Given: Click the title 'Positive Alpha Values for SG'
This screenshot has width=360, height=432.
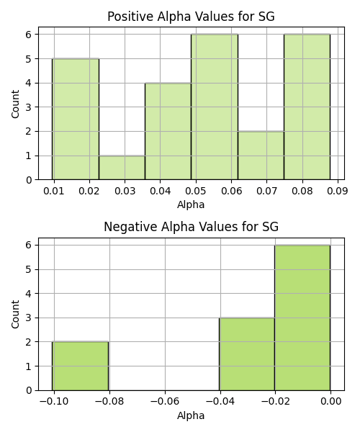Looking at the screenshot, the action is (x=191, y=17).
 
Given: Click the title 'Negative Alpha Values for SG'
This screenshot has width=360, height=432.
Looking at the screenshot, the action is (x=191, y=227).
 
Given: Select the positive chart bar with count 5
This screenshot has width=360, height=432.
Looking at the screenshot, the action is (x=76, y=119).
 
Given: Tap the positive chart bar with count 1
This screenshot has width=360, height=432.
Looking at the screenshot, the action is (x=122, y=168).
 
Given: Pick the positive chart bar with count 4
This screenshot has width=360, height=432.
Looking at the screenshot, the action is (x=168, y=132).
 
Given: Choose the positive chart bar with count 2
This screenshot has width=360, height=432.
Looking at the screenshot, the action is (x=261, y=156).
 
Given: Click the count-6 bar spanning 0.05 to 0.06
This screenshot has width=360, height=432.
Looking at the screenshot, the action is (x=215, y=107).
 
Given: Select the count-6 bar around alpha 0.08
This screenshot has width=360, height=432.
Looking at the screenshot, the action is (x=307, y=107).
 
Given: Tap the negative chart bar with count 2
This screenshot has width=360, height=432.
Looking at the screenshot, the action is (x=81, y=366).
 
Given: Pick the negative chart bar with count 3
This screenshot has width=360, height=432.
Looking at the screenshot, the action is (x=247, y=354).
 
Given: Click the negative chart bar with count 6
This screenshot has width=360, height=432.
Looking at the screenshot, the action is (x=302, y=318).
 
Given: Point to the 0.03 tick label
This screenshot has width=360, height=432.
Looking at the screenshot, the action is (x=125, y=191).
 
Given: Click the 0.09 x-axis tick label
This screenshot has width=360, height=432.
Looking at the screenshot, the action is (x=338, y=191).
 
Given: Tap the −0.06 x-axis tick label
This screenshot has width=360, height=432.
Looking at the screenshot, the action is (x=165, y=402).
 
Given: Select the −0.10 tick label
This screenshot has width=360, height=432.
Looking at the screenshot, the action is (x=54, y=402).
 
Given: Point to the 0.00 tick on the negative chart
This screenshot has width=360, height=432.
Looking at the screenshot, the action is (x=330, y=402).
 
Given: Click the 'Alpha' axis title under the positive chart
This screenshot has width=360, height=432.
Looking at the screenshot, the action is (x=191, y=204).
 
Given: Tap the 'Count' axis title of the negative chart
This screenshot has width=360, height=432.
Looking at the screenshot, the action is (x=15, y=314).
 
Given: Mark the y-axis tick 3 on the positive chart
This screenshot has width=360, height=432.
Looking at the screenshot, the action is (x=29, y=107).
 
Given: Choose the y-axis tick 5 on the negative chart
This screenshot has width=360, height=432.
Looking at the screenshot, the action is (x=29, y=269).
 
